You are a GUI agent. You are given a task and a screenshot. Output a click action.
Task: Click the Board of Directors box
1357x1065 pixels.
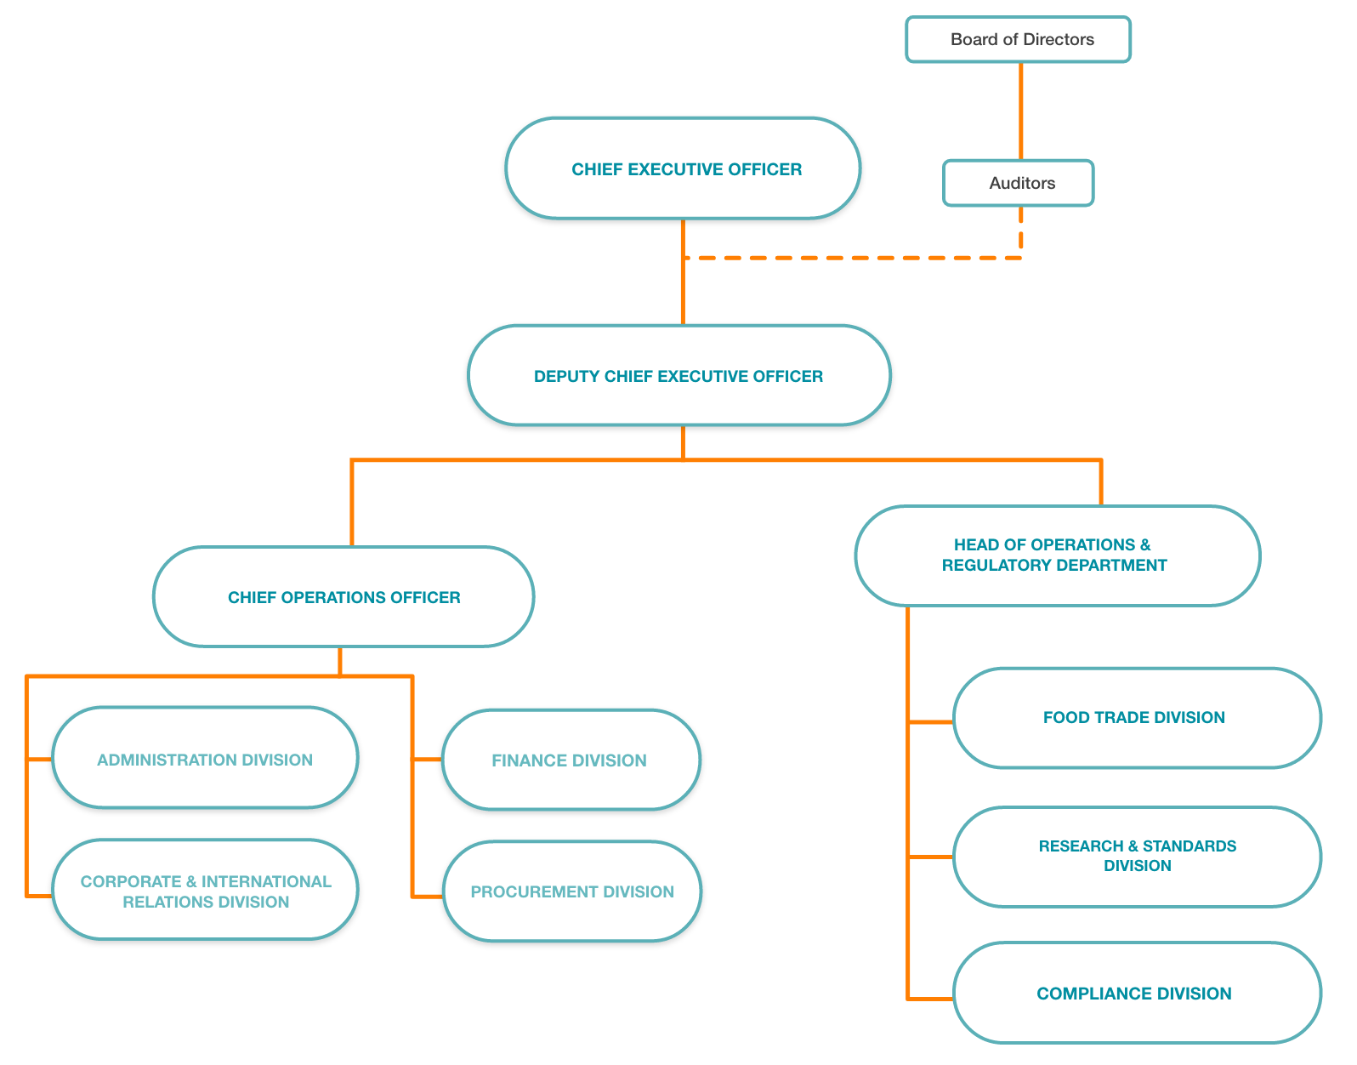1018,39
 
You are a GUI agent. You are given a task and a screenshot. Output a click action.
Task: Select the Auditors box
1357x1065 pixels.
1018,183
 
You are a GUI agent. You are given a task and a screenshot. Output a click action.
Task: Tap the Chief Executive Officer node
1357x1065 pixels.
683,168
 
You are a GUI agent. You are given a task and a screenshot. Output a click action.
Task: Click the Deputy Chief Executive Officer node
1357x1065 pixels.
678,375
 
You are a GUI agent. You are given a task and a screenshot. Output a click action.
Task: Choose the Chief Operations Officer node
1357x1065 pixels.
344,597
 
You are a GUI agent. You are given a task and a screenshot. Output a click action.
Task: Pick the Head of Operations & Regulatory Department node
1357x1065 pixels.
1057,555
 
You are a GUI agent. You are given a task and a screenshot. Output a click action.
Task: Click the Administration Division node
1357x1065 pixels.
205,758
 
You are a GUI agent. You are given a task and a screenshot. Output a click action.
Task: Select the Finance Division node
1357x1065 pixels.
571,760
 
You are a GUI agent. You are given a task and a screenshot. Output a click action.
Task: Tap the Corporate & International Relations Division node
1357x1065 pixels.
205,891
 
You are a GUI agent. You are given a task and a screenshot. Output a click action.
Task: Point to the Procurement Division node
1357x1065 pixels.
572,891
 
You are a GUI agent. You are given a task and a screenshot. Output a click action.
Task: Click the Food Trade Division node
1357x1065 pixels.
1137,718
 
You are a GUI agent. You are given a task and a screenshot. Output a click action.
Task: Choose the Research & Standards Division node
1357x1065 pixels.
1137,857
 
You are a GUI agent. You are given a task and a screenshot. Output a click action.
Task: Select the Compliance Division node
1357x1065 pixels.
1137,993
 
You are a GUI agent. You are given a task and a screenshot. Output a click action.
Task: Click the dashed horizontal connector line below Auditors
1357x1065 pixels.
850,258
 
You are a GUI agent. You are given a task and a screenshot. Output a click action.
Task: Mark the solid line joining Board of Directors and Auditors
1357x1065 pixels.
1020,111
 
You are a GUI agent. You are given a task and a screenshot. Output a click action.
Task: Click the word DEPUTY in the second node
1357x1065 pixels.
566,376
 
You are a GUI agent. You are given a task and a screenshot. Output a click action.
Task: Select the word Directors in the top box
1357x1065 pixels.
1059,39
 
